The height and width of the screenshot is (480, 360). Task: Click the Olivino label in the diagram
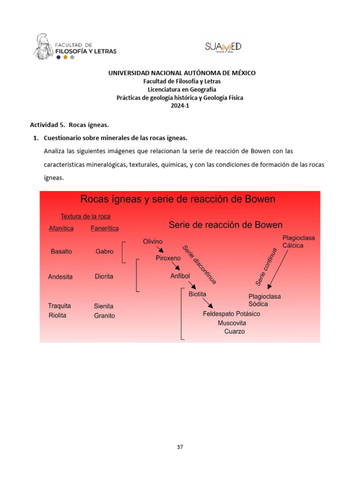tap(153, 241)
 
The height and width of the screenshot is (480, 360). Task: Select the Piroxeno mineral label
tap(168, 258)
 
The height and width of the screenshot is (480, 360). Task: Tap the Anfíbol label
tap(180, 276)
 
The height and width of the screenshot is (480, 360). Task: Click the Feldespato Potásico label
tap(231, 314)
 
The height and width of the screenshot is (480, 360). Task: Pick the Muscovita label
tap(232, 323)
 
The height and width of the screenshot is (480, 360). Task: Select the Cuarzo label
tap(234, 332)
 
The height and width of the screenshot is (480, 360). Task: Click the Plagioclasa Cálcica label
tap(299, 241)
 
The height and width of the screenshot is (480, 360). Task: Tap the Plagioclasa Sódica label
tap(265, 300)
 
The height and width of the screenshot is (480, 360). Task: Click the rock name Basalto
tap(61, 251)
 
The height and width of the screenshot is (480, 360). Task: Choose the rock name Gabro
tap(104, 251)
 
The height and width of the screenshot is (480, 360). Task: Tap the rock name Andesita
tap(60, 277)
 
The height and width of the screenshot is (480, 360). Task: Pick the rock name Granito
tap(104, 315)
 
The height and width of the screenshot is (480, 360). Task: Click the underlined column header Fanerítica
tap(105, 228)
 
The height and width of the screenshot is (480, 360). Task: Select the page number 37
tap(180, 447)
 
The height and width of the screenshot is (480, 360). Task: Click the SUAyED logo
tap(223, 46)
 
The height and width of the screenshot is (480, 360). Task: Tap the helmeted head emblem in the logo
tap(43, 46)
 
